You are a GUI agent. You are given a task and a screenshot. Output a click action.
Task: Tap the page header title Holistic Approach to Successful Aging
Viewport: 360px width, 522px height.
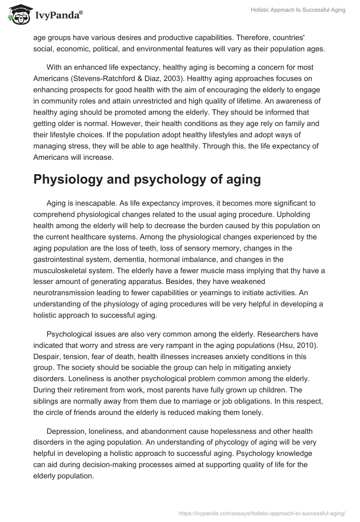pyautogui.click(x=298, y=10)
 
